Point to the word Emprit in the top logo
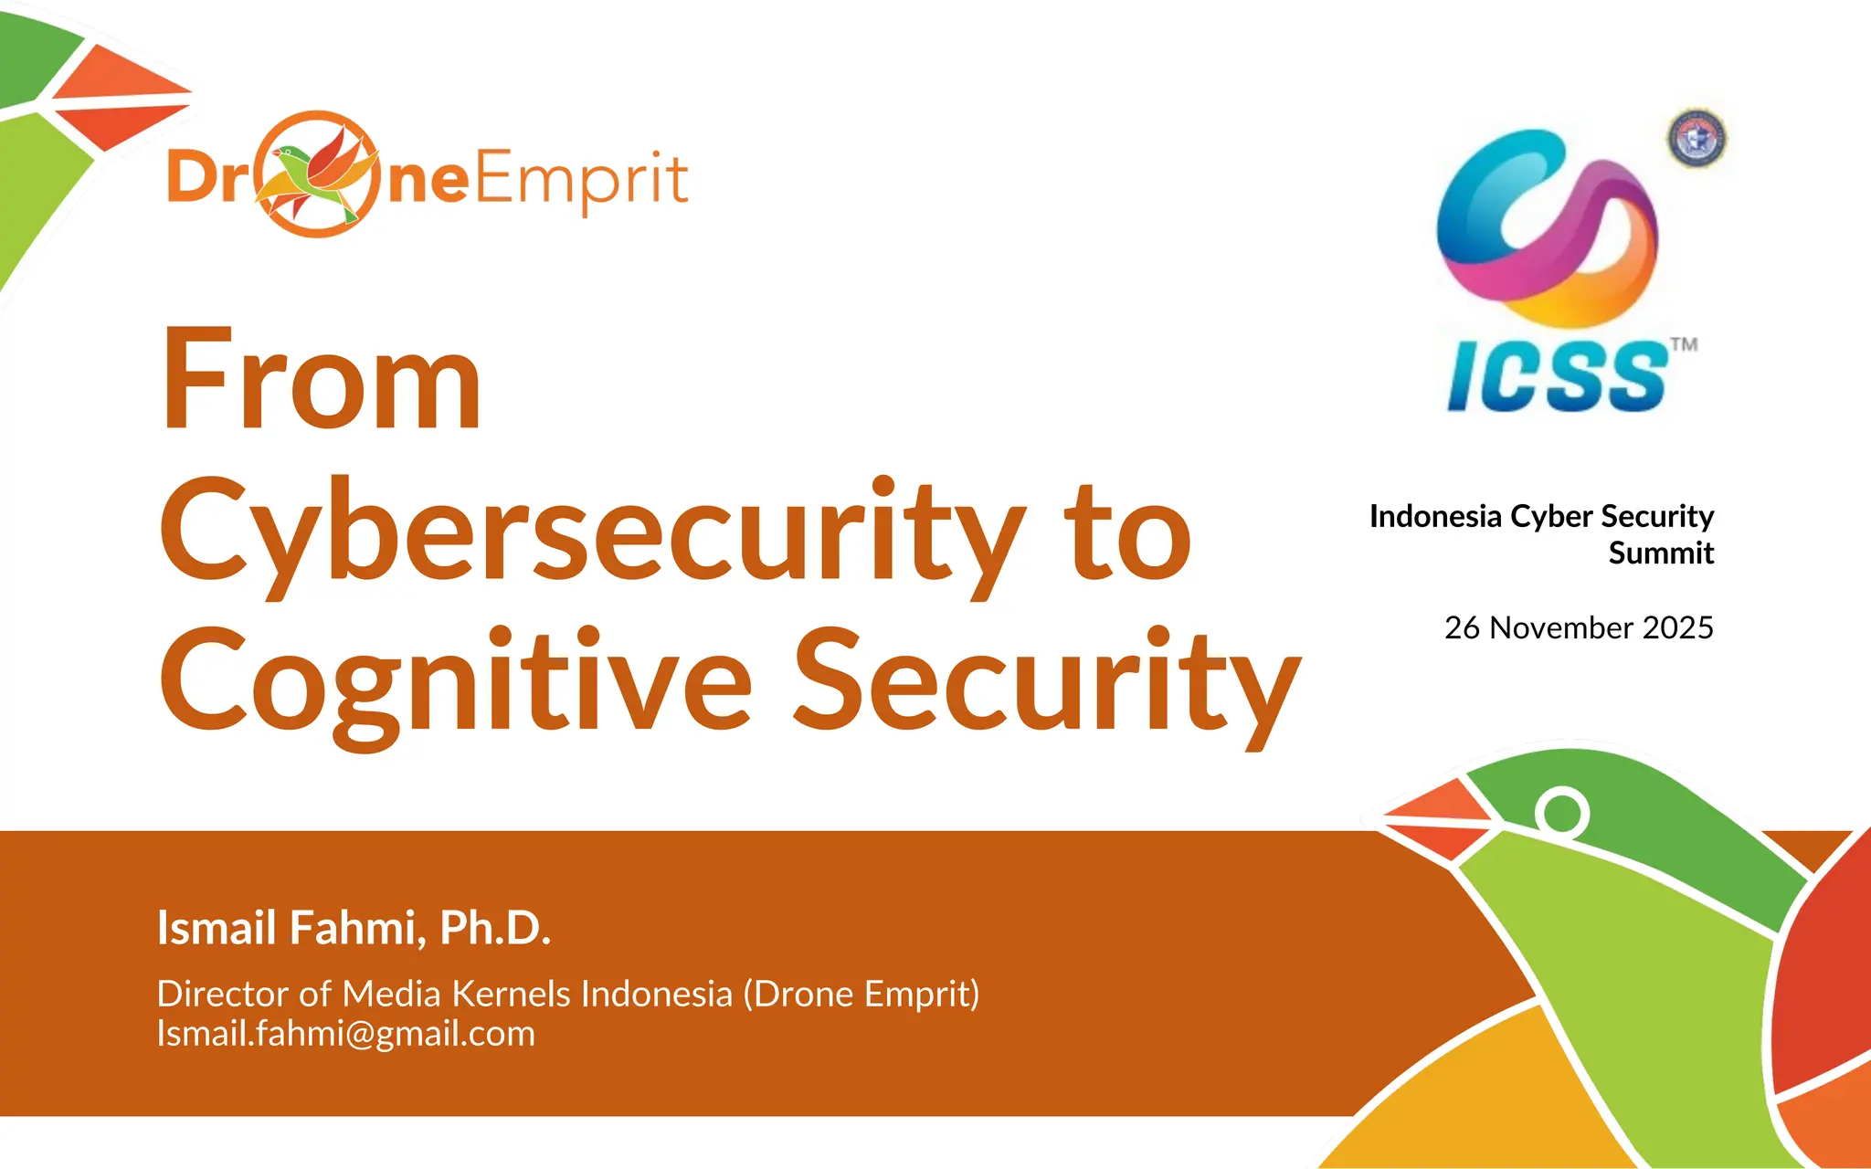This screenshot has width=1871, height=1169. (581, 180)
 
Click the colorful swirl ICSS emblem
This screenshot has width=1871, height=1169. (1548, 228)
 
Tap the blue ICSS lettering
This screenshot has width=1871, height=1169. (1559, 376)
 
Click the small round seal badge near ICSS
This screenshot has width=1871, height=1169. (1697, 139)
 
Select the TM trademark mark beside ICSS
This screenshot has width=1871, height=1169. (1684, 344)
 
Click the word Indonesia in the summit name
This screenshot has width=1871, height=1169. (1435, 517)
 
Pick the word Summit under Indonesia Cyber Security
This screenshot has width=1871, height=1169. (1661, 553)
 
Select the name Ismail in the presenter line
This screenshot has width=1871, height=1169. (217, 928)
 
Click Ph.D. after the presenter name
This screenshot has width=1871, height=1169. (495, 928)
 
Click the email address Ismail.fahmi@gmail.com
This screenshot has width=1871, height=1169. (346, 1034)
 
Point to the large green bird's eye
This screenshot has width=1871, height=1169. (1562, 812)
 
